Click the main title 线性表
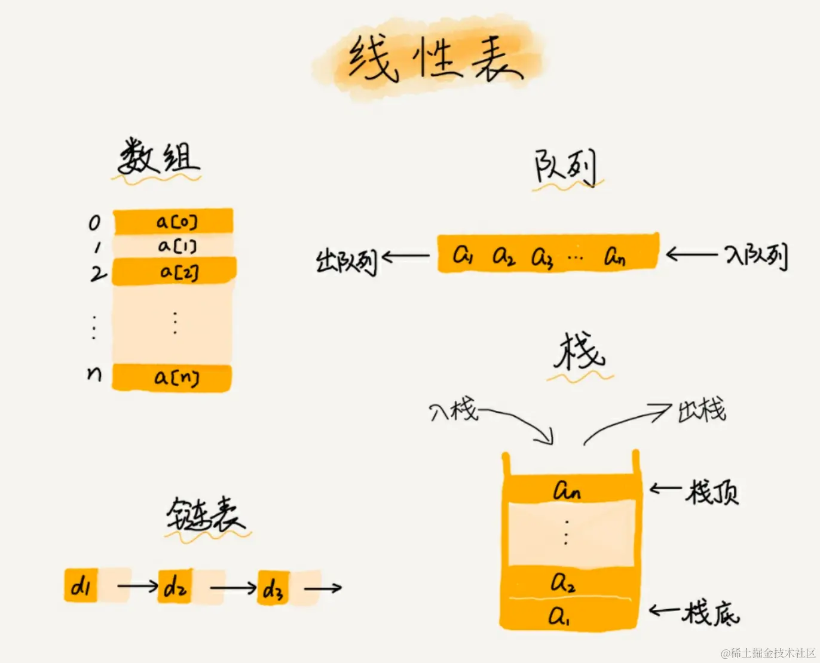tap(435, 59)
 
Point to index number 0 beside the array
tap(94, 223)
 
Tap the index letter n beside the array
tap(94, 374)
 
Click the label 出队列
tap(347, 261)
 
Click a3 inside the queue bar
tap(542, 257)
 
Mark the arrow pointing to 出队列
tap(405, 257)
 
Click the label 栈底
tap(711, 613)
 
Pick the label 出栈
tap(702, 410)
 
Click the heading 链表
tap(205, 514)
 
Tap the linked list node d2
tap(175, 587)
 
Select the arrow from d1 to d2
tap(137, 586)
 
